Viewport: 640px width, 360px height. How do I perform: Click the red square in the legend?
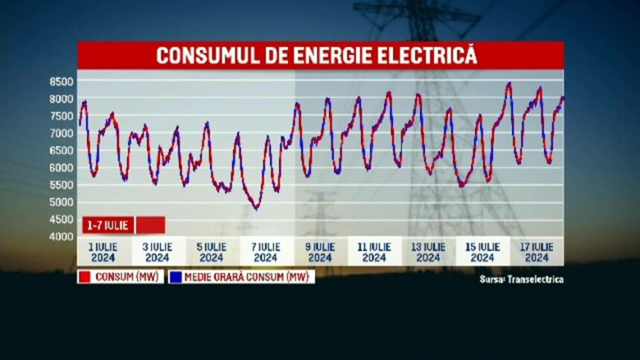[84, 277]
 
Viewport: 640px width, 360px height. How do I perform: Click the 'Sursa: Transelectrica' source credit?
[521, 280]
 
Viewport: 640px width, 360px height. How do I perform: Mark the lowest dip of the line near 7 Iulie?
[256, 208]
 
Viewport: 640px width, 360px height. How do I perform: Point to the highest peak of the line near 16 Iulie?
[509, 83]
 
